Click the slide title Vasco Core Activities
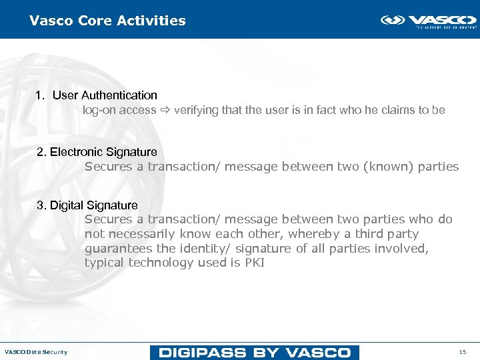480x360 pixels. pos(107,21)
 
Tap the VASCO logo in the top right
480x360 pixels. pos(428,21)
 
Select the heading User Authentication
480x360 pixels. pos(105,95)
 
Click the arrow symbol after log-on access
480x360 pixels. pos(165,110)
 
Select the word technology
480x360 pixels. pos(161,263)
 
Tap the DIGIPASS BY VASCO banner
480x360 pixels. pos(254,352)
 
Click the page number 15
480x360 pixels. pos(463,352)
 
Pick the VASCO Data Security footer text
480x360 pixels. pos(36,352)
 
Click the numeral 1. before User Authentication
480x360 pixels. pos(40,95)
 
